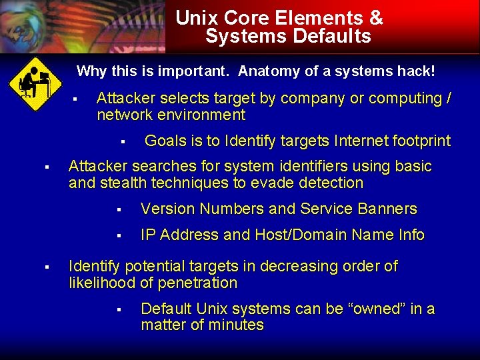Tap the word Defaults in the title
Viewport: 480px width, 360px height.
335,36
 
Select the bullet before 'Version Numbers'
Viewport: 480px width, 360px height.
118,210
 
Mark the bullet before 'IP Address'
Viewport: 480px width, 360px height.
118,236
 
